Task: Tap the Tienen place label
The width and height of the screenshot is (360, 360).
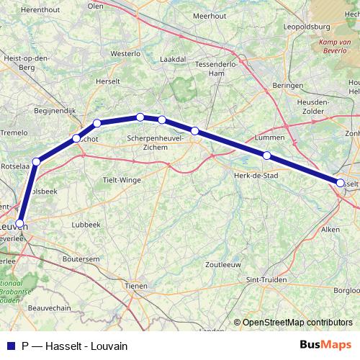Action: click(135, 286)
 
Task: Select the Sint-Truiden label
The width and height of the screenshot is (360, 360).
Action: click(263, 279)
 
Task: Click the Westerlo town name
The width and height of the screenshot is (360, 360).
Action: click(125, 53)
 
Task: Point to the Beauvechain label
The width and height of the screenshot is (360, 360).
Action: click(47, 307)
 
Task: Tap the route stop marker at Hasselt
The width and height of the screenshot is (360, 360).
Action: click(341, 183)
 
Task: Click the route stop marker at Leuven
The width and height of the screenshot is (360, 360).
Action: click(21, 223)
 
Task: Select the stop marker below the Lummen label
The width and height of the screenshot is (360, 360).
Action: click(266, 156)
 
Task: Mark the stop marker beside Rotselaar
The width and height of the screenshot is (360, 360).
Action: click(36, 161)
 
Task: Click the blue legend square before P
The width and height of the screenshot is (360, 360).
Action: click(9, 345)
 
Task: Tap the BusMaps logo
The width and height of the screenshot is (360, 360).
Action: click(325, 344)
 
